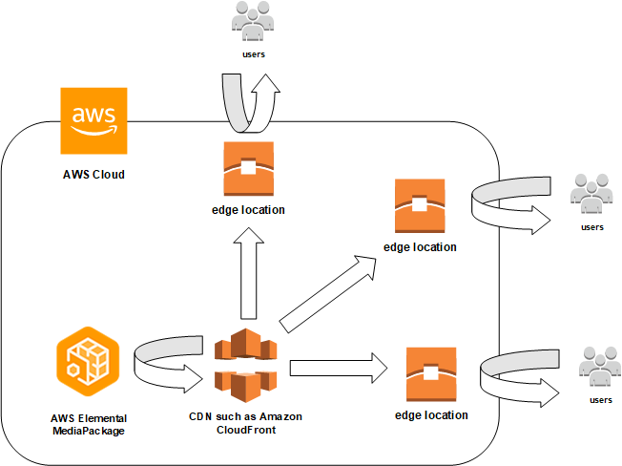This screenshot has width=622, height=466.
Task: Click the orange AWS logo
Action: click(x=93, y=121)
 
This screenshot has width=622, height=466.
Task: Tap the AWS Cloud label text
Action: click(x=93, y=175)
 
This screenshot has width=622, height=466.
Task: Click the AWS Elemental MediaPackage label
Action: click(x=89, y=425)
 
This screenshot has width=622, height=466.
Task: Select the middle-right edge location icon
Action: click(x=420, y=206)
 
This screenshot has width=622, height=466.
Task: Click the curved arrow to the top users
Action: click(x=247, y=100)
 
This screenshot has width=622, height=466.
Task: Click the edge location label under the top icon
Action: click(x=247, y=209)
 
